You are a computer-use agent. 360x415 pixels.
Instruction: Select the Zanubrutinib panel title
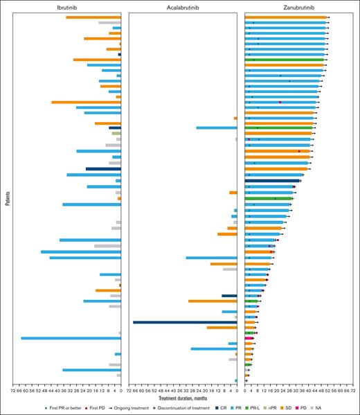click(299, 6)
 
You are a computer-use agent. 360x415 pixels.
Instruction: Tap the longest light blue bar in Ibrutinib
click(71, 338)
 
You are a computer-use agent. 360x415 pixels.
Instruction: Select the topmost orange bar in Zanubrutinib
click(285, 17)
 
